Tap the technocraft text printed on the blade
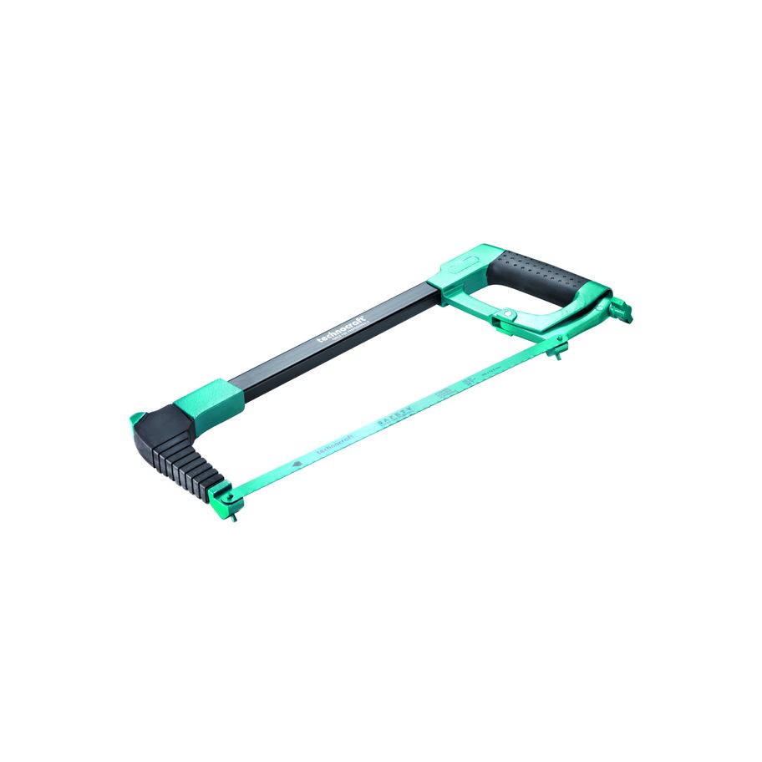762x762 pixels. (x=334, y=446)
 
